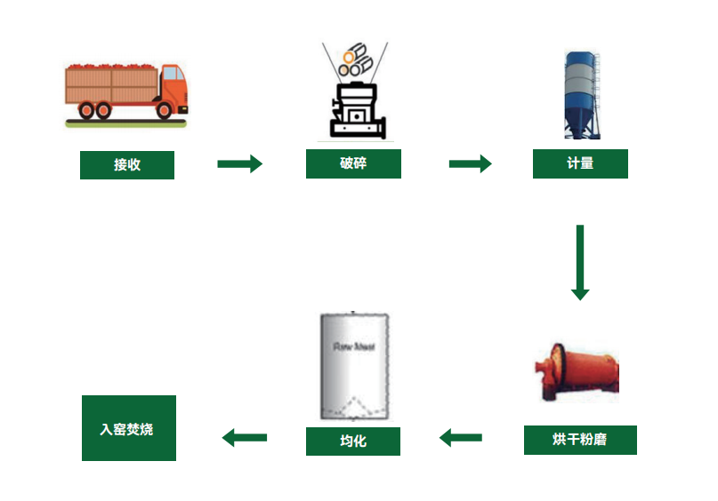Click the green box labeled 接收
[126, 165]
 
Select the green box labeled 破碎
[353, 163]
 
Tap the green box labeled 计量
[580, 163]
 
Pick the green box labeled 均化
[353, 441]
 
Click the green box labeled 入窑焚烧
[128, 428]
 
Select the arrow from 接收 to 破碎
[240, 163]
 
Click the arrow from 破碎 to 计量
[470, 163]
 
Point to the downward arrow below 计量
[580, 262]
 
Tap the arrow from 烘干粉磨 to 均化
[461, 437]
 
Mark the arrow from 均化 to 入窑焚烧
[245, 437]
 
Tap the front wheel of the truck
[165, 110]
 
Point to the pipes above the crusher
[356, 59]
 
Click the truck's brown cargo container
[111, 86]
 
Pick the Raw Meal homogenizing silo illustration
[353, 366]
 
